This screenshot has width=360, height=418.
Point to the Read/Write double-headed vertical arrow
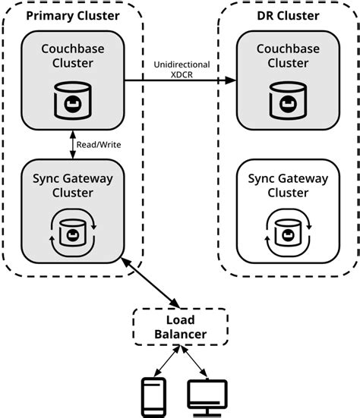click(x=72, y=144)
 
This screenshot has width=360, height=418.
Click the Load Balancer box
click(x=171, y=327)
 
